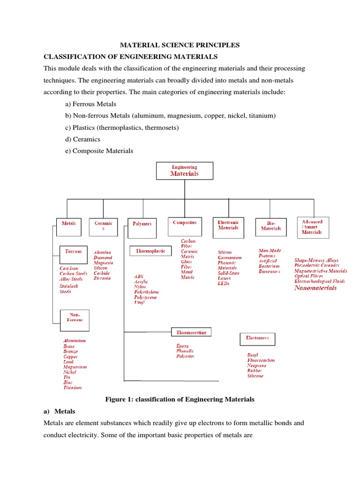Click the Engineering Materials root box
[x=184, y=171]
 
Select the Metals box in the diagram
[x=69, y=224]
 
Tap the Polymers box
[x=142, y=224]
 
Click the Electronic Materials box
[x=228, y=225]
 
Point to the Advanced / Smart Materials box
[x=313, y=227]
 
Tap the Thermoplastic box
[x=150, y=251]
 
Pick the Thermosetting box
[x=191, y=332]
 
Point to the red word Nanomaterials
[x=315, y=288]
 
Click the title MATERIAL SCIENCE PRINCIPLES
[x=180, y=45]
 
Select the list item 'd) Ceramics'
[x=83, y=139]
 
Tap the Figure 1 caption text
[x=180, y=399]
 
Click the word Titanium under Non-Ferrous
[x=73, y=388]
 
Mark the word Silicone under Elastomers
[x=255, y=376]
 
